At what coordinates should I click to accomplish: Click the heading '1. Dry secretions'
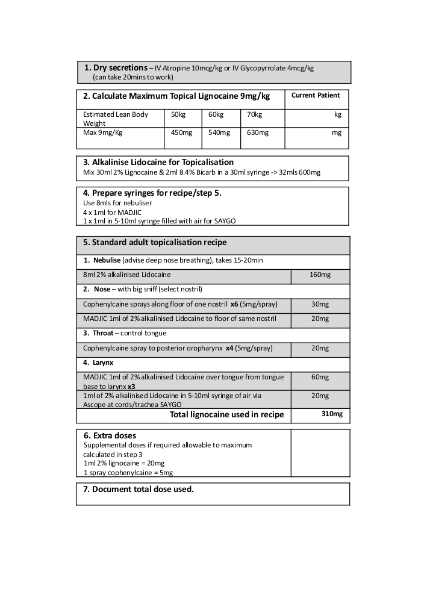[116, 68]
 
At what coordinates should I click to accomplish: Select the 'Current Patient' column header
[316, 95]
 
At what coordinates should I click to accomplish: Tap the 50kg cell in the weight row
[178, 114]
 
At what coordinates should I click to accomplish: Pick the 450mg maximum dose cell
[181, 132]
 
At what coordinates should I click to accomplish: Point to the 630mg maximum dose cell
[258, 132]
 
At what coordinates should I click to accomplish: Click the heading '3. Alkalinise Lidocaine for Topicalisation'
[158, 162]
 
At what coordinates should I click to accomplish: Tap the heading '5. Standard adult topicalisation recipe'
[155, 242]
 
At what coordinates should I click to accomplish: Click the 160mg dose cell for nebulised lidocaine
[320, 275]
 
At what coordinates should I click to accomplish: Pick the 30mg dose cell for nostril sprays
[320, 304]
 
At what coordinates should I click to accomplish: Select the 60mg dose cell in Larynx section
[320, 378]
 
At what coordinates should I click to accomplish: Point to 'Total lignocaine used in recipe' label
[226, 415]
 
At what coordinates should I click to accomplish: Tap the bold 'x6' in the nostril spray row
[234, 304]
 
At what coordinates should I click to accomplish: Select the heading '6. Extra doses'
[110, 435]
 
